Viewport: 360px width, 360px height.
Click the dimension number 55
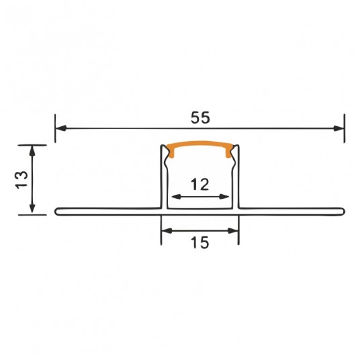click(x=200, y=118)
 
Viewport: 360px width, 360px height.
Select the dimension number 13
click(x=21, y=180)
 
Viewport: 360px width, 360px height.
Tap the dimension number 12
click(x=200, y=184)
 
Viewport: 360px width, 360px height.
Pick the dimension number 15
click(x=200, y=242)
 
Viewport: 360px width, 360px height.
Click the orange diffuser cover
click(x=200, y=144)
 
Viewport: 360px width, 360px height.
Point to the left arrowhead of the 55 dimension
click(x=61, y=128)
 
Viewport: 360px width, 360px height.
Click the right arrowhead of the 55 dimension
click(x=339, y=128)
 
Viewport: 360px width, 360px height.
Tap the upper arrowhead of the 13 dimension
click(x=32, y=151)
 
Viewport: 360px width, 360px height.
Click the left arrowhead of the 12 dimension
click(x=177, y=197)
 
